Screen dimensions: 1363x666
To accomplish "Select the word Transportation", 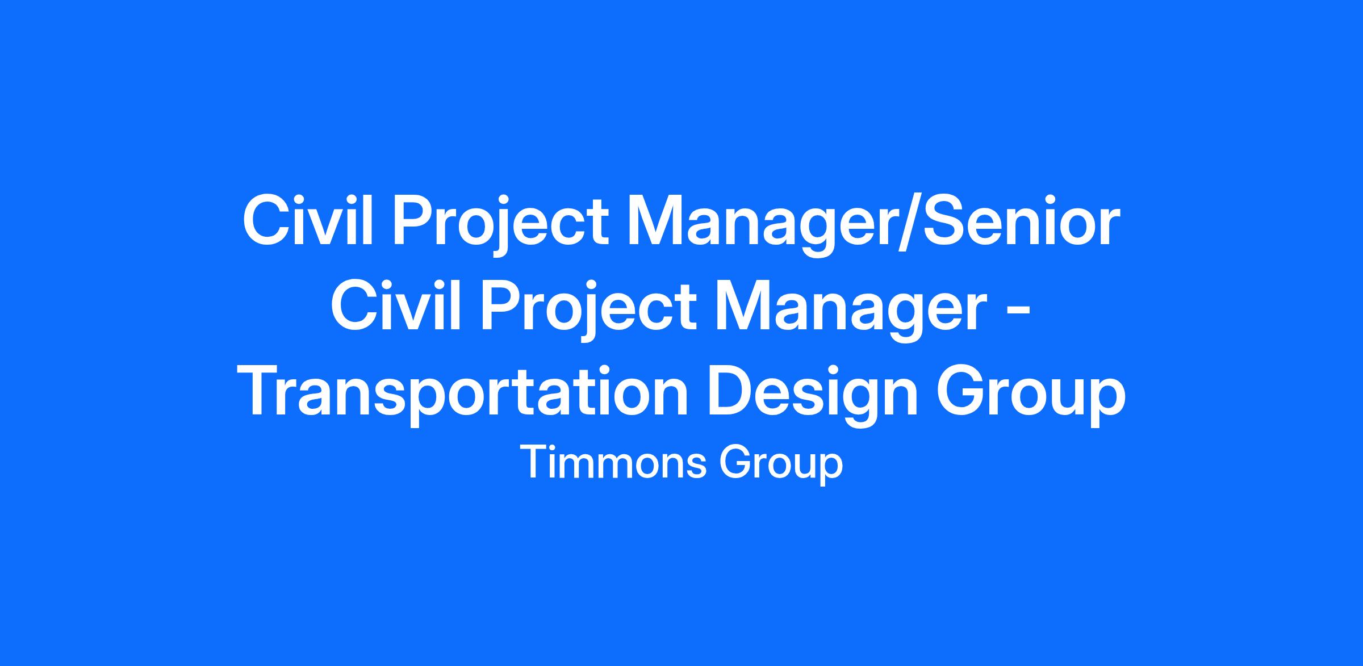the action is point(466,396).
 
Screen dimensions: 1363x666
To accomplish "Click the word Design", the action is point(813,396).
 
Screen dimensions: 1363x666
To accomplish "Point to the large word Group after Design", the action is point(1030,396).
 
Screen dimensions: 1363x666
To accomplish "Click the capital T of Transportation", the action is point(265,391).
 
